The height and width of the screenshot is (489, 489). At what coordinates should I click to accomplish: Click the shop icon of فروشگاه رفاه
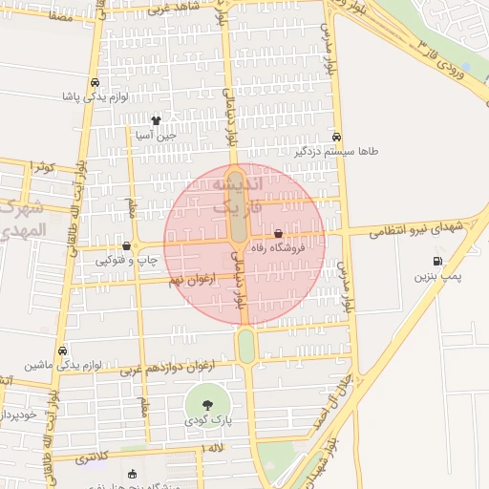(x=278, y=233)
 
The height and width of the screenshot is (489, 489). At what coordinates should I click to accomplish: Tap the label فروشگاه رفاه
(x=277, y=247)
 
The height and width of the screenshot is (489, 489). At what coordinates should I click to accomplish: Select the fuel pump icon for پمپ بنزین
(x=437, y=261)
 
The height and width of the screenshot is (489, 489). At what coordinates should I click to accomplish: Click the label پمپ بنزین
(x=437, y=276)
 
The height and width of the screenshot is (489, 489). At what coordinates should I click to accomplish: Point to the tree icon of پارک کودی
(x=208, y=403)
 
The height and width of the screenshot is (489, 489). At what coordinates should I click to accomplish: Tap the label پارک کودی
(x=208, y=418)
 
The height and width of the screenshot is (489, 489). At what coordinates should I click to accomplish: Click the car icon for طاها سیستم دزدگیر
(x=336, y=137)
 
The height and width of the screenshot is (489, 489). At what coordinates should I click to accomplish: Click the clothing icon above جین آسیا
(x=157, y=120)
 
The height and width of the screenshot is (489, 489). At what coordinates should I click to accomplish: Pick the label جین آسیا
(x=157, y=136)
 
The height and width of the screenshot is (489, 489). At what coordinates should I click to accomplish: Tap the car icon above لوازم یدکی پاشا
(x=93, y=82)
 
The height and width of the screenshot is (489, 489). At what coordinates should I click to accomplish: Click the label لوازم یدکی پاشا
(x=93, y=97)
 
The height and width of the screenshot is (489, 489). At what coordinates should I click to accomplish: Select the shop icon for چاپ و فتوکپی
(x=126, y=245)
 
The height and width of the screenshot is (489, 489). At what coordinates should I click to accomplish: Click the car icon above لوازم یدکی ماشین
(x=62, y=351)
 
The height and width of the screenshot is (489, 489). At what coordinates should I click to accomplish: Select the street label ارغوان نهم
(x=190, y=279)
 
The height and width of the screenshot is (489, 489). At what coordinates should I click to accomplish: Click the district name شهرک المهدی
(x=21, y=221)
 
